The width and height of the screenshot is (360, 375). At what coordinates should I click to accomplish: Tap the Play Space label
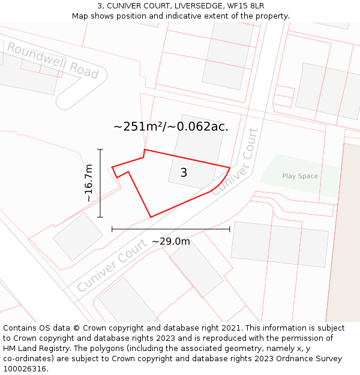point(300,176)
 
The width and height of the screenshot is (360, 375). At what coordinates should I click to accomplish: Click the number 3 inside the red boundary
point(184,173)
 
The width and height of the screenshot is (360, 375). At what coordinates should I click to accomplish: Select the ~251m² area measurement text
point(170,127)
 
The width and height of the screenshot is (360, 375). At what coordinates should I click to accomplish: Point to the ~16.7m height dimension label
point(89,183)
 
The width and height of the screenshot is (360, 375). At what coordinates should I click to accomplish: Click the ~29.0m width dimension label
point(170,241)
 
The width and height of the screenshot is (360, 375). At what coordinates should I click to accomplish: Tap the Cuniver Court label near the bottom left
point(112,265)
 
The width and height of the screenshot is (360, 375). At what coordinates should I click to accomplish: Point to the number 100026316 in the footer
point(24,368)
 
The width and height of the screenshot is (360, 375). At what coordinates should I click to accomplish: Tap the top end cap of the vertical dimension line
point(100,149)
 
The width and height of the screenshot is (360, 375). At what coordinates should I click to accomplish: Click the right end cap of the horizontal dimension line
point(229,229)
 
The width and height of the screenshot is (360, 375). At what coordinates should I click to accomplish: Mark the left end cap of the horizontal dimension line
point(112,229)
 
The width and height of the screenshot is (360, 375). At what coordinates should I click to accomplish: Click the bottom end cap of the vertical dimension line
point(100,217)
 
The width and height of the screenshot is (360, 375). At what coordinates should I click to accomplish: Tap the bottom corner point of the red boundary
point(150,217)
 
